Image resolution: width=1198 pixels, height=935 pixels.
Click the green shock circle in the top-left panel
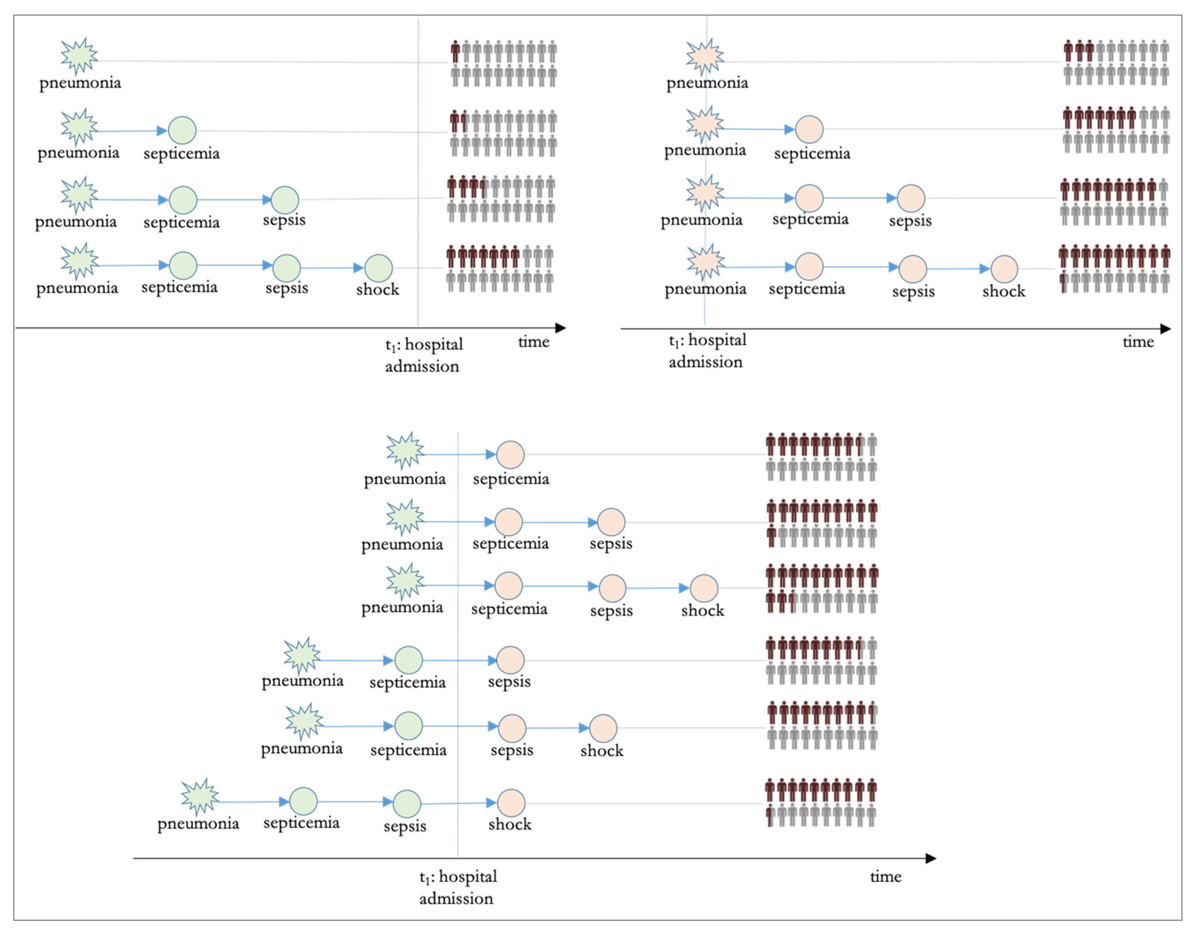378,268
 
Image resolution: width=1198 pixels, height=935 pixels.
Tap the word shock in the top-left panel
377,289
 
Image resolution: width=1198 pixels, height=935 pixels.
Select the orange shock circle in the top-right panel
1004,269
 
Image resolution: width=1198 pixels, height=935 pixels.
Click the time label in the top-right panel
1138,342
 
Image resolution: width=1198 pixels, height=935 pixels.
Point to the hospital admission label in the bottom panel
458,887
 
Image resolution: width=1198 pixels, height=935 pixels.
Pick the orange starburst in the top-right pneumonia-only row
704,56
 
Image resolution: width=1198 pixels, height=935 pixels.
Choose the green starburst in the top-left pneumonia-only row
79,56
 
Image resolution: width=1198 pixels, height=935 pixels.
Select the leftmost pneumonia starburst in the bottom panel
200,796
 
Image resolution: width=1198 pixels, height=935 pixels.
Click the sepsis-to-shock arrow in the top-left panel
332,268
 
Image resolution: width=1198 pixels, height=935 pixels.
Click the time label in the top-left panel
533,342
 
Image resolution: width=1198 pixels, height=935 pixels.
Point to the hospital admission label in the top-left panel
423,355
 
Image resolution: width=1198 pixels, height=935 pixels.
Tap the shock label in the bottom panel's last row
509,824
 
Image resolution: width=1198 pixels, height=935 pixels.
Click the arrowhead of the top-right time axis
1165,329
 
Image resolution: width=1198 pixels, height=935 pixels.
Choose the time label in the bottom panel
885,876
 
